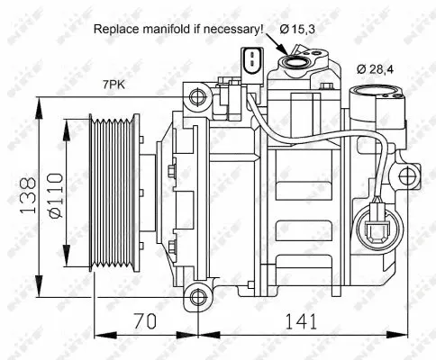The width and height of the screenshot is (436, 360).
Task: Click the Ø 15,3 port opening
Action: (x=294, y=61)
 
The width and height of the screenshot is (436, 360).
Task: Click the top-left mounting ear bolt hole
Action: (x=192, y=94)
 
